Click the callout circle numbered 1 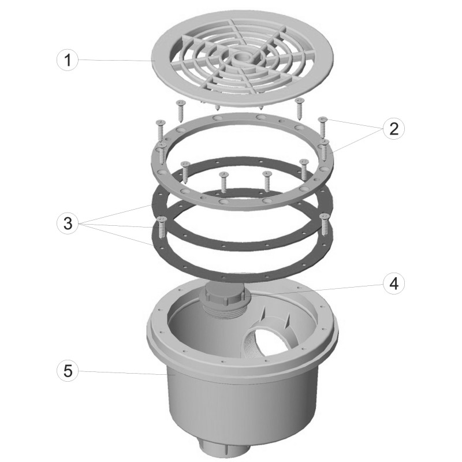(x=68, y=60)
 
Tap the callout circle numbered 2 (x=394, y=129)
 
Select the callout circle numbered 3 (x=68, y=223)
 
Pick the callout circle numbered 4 (x=394, y=284)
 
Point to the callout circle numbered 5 (x=68, y=371)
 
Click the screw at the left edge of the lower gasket (x=162, y=228)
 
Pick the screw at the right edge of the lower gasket (x=324, y=225)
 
